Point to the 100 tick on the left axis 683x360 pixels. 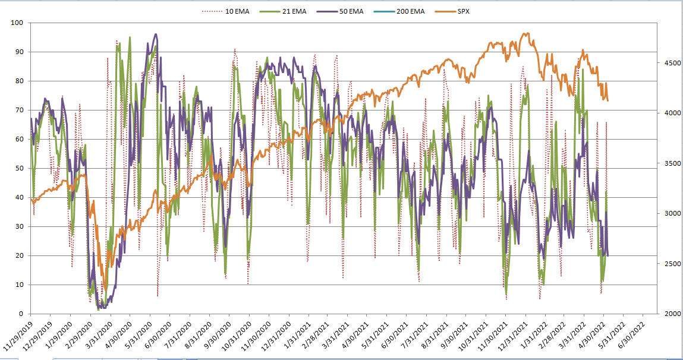[x=17, y=23]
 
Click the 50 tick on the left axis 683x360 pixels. [x=18, y=168]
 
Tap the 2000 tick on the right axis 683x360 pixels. [x=665, y=314]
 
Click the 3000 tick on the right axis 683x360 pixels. [x=665, y=213]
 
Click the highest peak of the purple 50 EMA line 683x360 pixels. [x=156, y=34]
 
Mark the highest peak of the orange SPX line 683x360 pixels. [x=525, y=33]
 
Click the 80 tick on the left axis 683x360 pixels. [x=18, y=81]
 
